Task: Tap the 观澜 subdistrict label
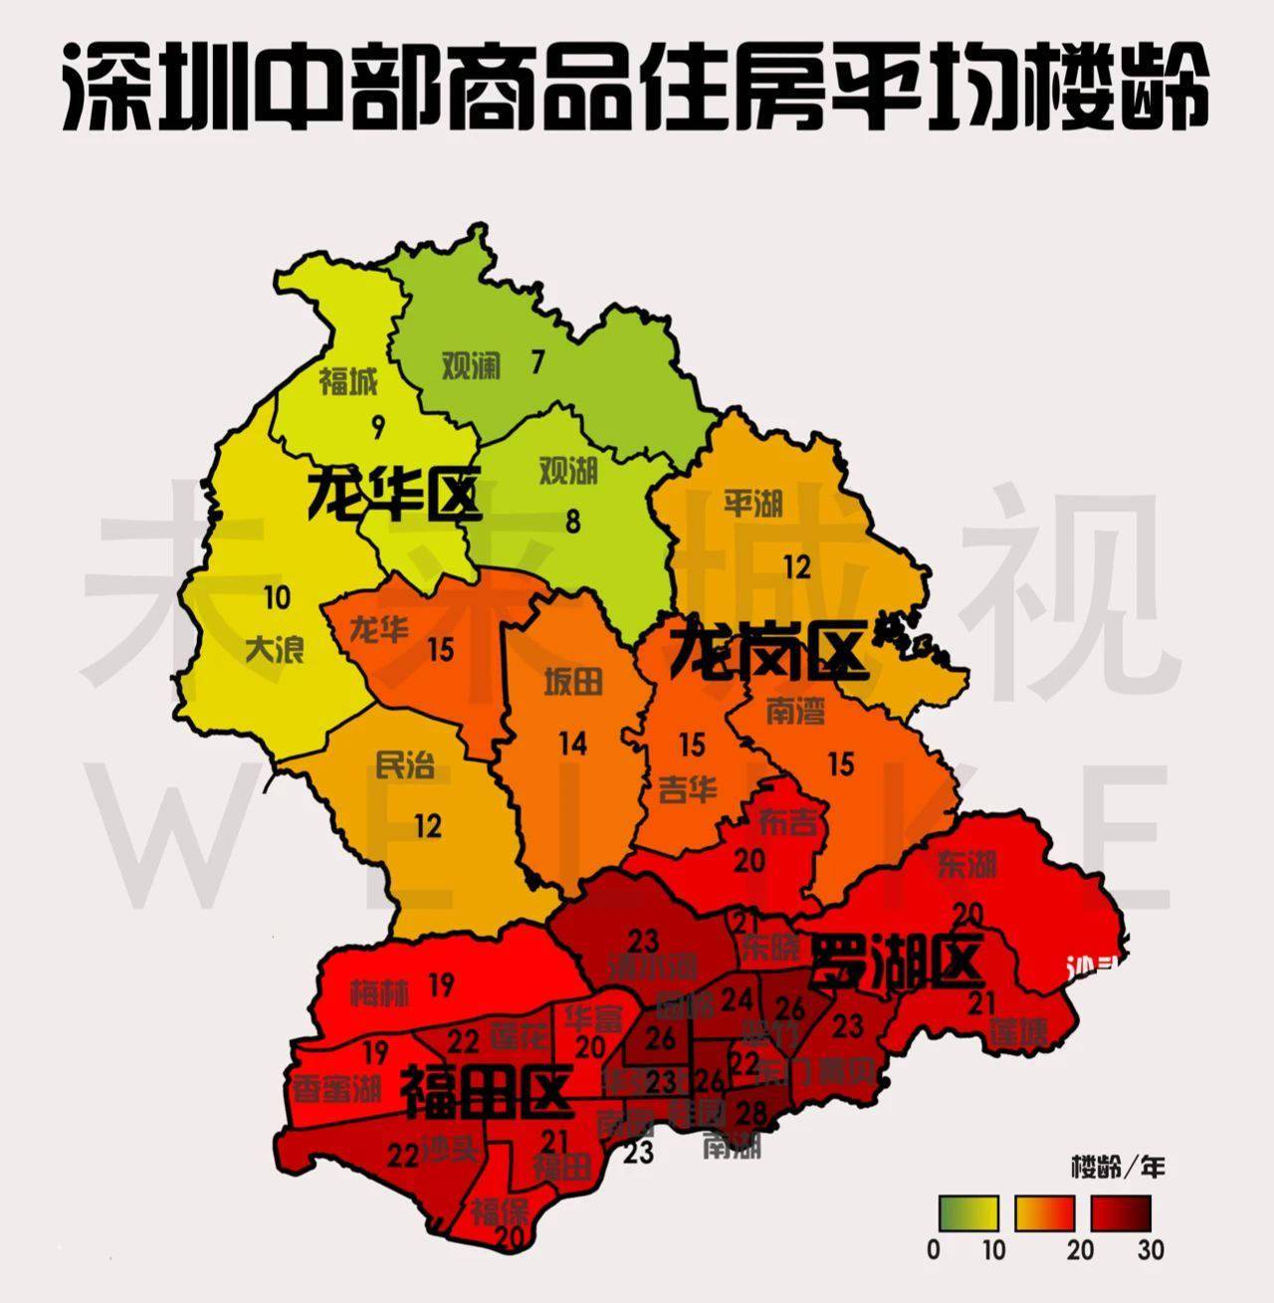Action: tap(471, 365)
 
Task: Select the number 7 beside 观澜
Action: tap(537, 363)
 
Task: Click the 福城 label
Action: tap(348, 381)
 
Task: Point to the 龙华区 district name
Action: tap(393, 495)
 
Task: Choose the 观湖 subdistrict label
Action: tap(568, 471)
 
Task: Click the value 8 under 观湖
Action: tap(572, 522)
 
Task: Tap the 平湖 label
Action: tap(753, 504)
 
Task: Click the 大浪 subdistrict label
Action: tap(274, 650)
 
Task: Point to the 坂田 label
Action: tap(573, 682)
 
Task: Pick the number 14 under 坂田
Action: tap(572, 743)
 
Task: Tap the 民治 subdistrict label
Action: tap(405, 765)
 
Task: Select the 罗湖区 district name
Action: tap(898, 961)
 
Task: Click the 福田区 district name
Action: tap(485, 1092)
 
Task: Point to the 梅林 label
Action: tap(378, 991)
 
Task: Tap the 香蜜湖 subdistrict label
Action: tap(336, 1088)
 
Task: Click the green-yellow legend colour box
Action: tap(968, 1213)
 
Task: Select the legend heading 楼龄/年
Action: tap(1117, 1166)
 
